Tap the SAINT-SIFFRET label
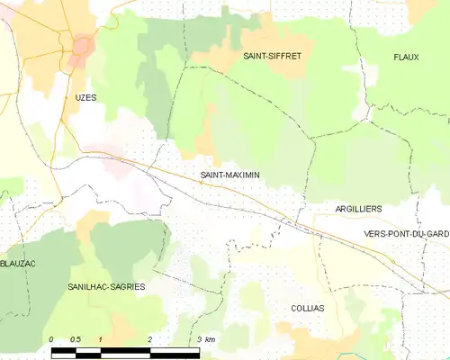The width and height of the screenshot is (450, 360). click(273, 56)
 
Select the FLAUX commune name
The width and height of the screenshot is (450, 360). click(406, 57)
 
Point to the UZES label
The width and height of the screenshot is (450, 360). click(86, 96)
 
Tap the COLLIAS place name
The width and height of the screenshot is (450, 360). click(308, 307)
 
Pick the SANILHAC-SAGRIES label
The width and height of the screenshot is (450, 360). click(106, 285)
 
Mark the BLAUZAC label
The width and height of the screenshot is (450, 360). click(18, 264)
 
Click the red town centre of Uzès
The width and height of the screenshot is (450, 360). click(84, 45)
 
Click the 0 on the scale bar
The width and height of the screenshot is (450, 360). click(51, 339)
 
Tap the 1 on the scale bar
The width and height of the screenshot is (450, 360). click(101, 339)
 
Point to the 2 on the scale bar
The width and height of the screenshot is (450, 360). click(150, 339)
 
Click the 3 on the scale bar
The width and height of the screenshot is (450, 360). click(198, 339)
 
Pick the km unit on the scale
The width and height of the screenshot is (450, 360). click(210, 339)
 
